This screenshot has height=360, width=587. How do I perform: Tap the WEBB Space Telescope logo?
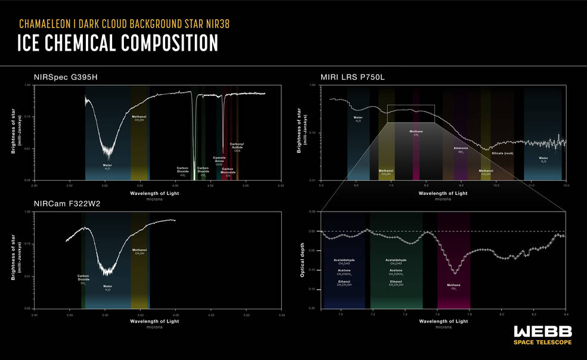coord(542,335)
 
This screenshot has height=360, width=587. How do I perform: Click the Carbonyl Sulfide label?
coord(237,145)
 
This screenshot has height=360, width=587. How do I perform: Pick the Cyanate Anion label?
coord(219,159)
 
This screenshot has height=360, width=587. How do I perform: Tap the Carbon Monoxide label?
coord(228,171)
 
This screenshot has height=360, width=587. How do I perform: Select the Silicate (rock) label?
coord(502,153)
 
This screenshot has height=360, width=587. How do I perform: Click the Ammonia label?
coord(461,148)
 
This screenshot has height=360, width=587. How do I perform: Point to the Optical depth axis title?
coord(302,260)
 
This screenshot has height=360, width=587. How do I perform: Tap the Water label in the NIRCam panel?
coord(107,287)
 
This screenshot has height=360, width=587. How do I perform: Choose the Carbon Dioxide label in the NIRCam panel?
coord(83,278)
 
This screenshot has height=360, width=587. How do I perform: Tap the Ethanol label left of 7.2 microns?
coord(344,282)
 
